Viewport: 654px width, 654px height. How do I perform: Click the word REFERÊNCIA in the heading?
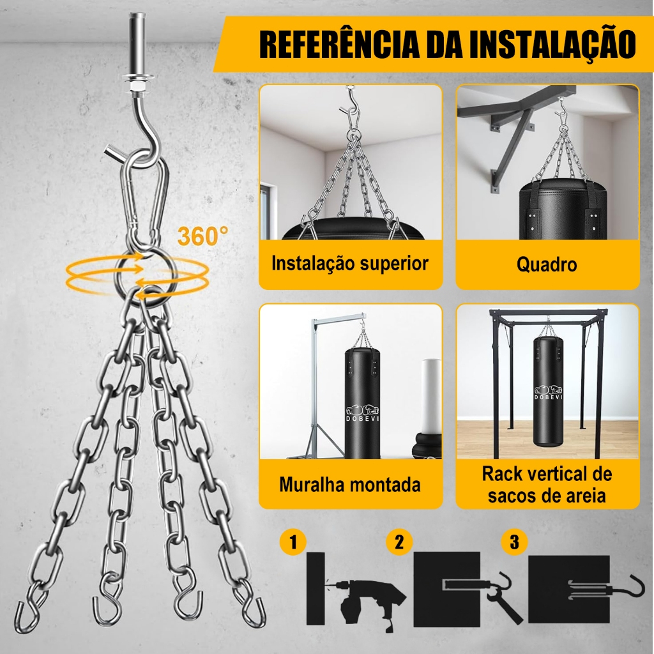point(340,44)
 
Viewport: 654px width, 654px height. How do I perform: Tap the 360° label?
point(202,236)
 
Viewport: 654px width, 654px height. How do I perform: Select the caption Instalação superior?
point(350,264)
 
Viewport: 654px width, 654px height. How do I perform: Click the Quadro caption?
point(547,264)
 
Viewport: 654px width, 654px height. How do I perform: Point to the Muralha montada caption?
point(350,485)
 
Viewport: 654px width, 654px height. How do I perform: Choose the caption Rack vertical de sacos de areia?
point(547,485)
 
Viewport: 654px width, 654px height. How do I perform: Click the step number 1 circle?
point(293,542)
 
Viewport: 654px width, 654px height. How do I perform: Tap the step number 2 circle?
point(399,542)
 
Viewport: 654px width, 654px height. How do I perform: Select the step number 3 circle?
point(514,542)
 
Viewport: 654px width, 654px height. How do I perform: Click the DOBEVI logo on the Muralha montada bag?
point(363,413)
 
